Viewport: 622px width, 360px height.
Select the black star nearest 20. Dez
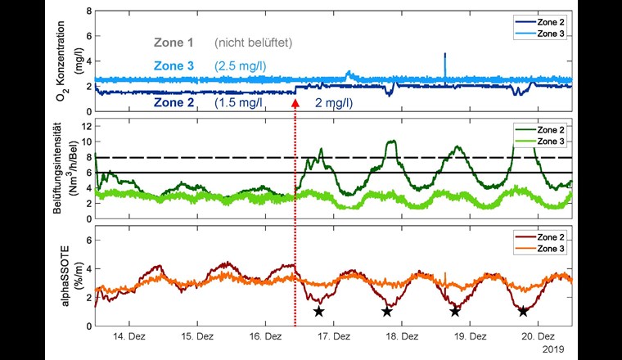tap(522, 311)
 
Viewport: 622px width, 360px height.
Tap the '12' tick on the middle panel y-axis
tap(87, 123)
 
